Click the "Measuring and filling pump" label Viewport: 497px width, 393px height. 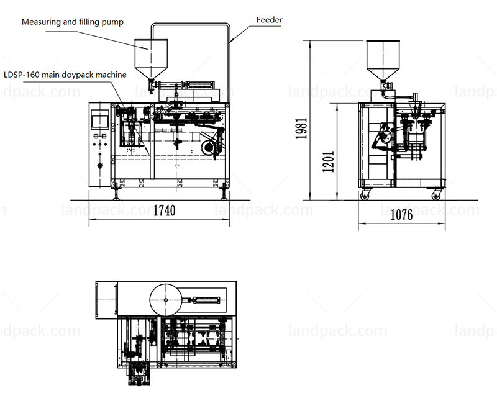point(73,22)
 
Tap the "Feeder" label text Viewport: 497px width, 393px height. point(270,20)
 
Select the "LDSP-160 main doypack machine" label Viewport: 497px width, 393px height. point(65,75)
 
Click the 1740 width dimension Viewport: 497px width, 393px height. point(164,210)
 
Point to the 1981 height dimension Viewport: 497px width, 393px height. point(301,129)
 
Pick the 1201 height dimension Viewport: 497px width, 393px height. point(328,161)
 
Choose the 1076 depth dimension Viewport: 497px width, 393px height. point(401,215)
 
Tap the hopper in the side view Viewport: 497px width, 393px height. point(383,60)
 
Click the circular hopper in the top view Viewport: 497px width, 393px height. point(166,300)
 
